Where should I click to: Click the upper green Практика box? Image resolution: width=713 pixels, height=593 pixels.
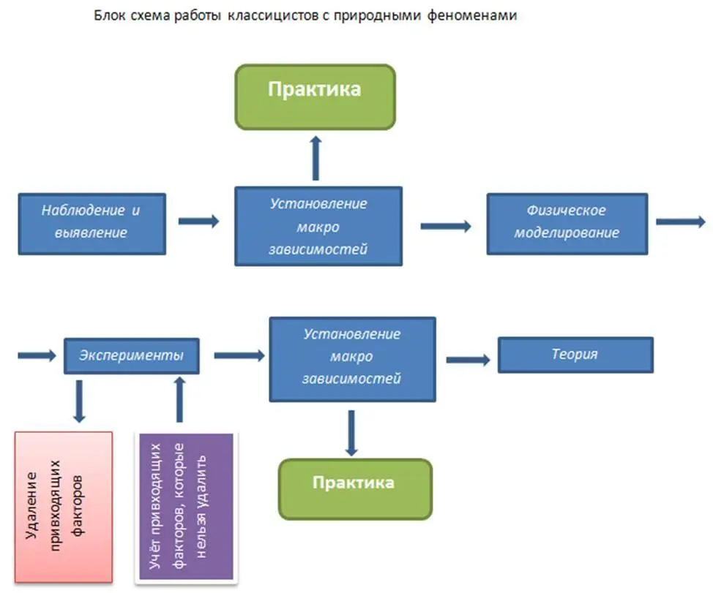tap(315, 96)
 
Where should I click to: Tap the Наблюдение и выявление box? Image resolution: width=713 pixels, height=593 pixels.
tap(92, 223)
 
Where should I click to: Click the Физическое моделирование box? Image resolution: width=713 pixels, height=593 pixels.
tap(567, 223)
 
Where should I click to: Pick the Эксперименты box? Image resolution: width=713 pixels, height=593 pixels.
tap(132, 355)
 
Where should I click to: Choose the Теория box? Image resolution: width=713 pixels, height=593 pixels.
tap(575, 355)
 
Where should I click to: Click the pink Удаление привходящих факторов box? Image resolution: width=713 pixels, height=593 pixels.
tap(64, 507)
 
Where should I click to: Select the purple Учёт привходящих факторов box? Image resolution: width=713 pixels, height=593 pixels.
tap(184, 507)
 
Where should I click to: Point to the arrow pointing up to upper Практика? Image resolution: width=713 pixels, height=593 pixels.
tap(316, 157)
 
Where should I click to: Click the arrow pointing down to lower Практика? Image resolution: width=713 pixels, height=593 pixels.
tap(352, 434)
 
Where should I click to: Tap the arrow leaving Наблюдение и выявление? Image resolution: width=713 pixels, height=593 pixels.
tap(199, 221)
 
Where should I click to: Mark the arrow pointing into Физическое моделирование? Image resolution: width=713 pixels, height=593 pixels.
tap(445, 226)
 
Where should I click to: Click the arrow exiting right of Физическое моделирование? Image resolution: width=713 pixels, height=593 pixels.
tap(681, 222)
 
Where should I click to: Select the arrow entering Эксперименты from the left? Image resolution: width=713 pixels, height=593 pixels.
tap(37, 355)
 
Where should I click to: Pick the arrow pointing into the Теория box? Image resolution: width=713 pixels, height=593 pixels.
tap(468, 359)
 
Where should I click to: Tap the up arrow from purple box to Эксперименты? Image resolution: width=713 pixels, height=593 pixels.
tap(179, 399)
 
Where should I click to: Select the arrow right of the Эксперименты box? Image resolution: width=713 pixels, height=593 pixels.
tap(239, 355)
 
